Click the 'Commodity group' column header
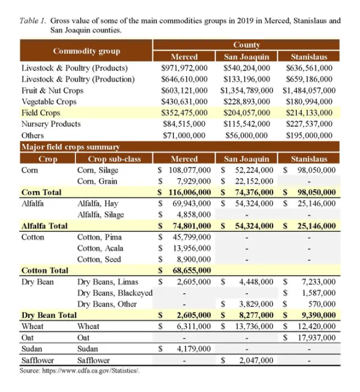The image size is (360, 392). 86,51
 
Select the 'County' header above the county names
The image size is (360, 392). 246,45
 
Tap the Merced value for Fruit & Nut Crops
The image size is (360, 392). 184,90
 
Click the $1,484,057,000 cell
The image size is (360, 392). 309,90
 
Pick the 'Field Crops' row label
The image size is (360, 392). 41,113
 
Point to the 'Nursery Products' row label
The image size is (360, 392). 51,124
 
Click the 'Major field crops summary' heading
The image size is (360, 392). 70,147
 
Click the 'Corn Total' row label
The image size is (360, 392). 41,192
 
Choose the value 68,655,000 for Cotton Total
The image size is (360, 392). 190,270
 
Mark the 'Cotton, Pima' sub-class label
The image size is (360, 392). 98,236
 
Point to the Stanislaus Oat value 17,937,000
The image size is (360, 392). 314,337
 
